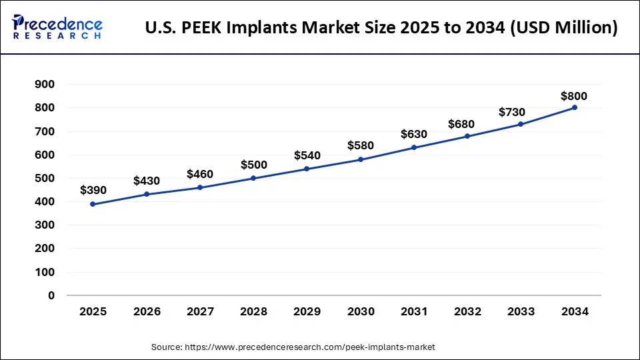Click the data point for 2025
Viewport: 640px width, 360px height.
point(93,204)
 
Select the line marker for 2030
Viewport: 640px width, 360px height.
point(361,159)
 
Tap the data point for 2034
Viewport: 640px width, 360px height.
point(575,107)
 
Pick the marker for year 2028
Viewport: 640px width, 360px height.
point(253,178)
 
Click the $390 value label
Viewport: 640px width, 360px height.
point(93,190)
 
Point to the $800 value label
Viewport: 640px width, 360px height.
point(574,96)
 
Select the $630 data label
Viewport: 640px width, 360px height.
point(414,134)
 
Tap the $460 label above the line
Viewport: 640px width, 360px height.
point(200,174)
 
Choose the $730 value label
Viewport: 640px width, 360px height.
point(512,112)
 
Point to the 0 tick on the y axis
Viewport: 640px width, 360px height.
point(51,295)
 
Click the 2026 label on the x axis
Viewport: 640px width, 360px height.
point(146,311)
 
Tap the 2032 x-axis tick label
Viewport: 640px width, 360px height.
point(467,311)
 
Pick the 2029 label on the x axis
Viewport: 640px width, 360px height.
point(307,311)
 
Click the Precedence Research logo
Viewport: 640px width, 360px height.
point(57,27)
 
